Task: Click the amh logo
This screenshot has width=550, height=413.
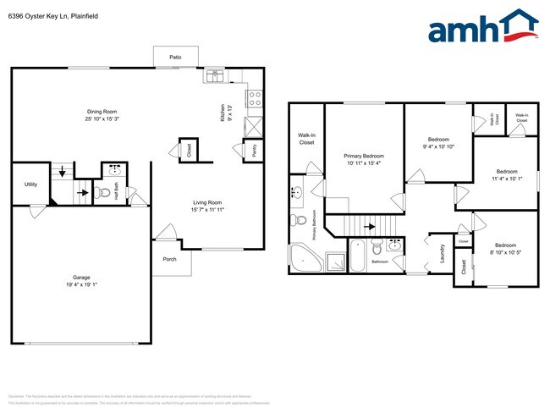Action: click(482, 27)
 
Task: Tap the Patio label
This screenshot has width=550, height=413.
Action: click(175, 58)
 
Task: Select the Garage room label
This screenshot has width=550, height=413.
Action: click(81, 277)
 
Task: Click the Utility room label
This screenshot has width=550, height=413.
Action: click(30, 184)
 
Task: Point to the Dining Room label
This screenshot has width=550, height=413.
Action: click(102, 112)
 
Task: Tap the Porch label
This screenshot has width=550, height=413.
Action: click(169, 259)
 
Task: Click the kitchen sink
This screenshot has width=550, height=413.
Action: click(212, 77)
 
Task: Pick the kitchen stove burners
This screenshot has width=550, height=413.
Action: click(254, 98)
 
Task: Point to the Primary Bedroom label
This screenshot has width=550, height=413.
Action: click(364, 157)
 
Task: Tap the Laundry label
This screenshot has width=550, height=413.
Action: click(442, 252)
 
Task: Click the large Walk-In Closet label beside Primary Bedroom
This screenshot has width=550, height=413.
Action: click(305, 139)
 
